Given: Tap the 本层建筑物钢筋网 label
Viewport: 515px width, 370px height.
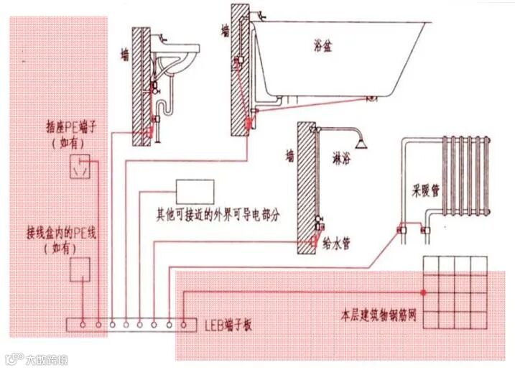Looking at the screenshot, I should click(378, 315).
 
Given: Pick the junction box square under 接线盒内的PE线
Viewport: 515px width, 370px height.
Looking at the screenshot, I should click(80, 269).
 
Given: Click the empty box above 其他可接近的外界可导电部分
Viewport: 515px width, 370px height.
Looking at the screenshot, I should click(195, 192).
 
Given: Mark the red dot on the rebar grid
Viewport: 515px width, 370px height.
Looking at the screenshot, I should click(424, 292).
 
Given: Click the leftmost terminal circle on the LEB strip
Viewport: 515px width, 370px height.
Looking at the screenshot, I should click(83, 324).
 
